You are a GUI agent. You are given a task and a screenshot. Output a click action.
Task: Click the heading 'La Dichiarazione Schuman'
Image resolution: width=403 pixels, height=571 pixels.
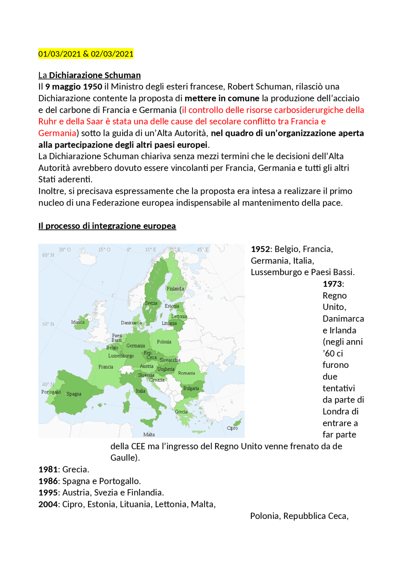(x=89, y=75)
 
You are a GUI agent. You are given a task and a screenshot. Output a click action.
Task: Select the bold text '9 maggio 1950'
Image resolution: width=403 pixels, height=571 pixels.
(x=74, y=87)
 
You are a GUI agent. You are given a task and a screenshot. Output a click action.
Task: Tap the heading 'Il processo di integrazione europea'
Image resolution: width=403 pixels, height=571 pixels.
(x=107, y=226)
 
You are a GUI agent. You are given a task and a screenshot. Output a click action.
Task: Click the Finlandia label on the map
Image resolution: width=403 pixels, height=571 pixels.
(x=175, y=289)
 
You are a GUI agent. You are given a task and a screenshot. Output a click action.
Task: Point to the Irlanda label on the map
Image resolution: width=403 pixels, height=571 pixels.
(x=78, y=322)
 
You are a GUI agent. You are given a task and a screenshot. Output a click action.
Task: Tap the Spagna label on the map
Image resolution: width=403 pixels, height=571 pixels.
(x=74, y=394)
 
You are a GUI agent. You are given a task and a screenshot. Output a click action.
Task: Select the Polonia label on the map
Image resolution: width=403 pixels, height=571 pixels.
(x=164, y=342)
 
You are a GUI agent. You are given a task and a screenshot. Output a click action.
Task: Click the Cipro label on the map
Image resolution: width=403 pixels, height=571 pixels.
(x=232, y=428)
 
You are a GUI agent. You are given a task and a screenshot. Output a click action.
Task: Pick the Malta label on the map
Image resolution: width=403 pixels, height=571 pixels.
(x=149, y=435)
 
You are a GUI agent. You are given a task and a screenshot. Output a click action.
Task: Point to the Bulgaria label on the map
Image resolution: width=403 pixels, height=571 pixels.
(x=191, y=389)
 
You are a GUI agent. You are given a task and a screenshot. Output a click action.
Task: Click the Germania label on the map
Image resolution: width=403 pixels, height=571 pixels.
(x=136, y=346)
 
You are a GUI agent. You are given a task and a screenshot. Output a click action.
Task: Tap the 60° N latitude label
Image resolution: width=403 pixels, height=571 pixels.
(x=48, y=255)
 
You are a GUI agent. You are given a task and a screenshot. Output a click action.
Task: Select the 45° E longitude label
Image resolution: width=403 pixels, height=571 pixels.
(x=203, y=250)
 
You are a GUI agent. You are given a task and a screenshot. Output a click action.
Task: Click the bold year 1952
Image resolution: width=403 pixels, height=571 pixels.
(x=260, y=249)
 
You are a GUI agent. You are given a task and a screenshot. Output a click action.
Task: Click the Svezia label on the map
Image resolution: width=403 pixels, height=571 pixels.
(x=151, y=303)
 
